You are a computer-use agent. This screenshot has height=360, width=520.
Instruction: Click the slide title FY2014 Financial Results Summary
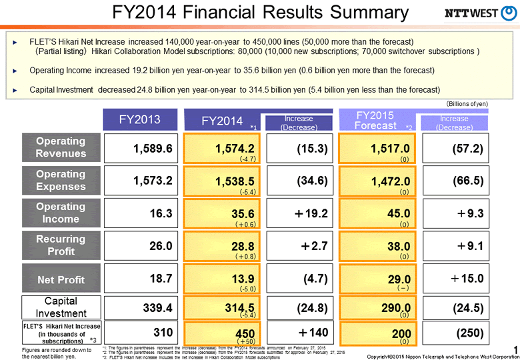coord(260,13)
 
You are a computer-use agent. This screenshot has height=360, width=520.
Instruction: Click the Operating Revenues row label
coord(61,147)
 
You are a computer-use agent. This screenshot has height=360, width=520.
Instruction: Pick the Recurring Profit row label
coord(61,245)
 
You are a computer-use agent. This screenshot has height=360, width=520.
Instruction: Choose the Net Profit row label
coord(61,279)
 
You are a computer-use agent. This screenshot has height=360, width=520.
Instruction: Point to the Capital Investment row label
coord(61,307)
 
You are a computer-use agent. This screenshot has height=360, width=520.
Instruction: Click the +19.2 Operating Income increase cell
coord(299,214)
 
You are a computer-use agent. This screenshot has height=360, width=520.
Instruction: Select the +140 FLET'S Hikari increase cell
coord(299,331)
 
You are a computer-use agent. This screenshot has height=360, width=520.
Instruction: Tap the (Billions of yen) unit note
coord(467,104)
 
